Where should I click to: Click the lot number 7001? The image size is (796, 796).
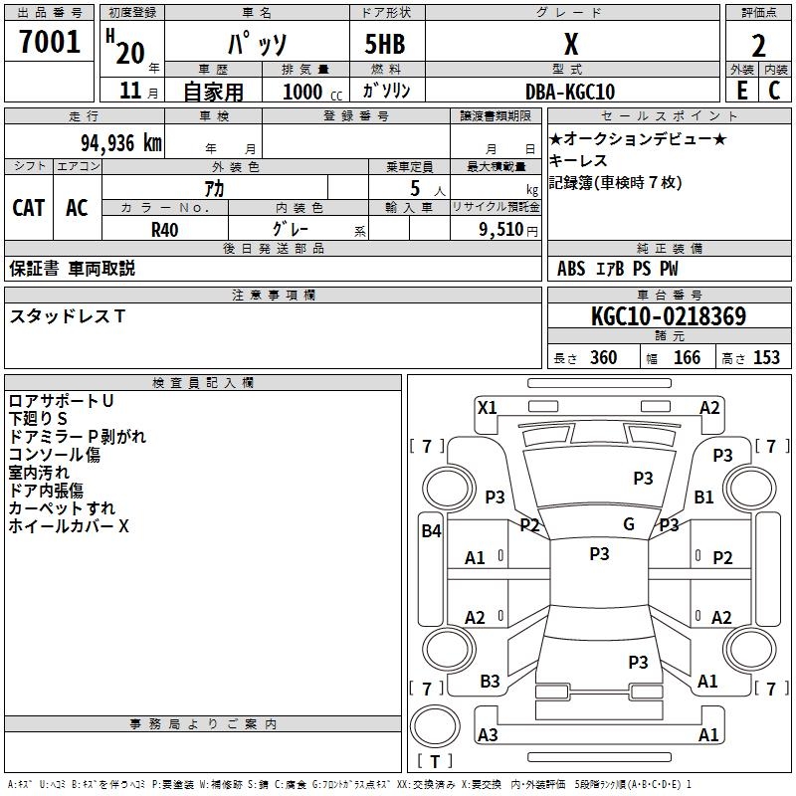50,43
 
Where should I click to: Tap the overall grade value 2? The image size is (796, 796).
758,47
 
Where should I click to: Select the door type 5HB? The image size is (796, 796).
376,44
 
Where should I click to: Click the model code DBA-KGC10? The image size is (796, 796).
570,91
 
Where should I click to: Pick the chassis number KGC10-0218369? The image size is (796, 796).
668,316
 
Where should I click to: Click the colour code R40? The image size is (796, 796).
165,228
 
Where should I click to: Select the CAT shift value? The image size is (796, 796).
29,207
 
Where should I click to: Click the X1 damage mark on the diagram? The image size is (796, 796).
487,407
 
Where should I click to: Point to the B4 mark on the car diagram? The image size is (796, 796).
431,531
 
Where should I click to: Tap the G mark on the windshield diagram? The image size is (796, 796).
629,523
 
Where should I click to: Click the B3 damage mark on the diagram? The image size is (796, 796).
490,682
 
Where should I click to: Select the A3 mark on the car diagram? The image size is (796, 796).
488,734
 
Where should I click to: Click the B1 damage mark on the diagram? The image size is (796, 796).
704,497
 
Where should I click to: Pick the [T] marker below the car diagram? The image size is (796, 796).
435,762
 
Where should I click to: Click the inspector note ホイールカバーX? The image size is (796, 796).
69,526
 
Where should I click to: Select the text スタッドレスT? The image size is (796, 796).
68,316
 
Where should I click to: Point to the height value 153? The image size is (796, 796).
766,358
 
